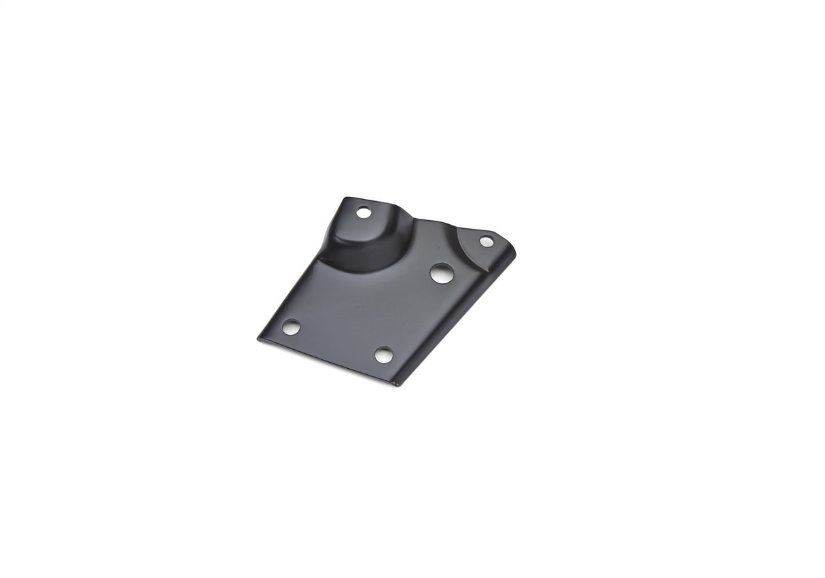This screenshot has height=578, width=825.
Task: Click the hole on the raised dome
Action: [364, 213]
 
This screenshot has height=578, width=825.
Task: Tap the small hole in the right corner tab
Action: [487, 241]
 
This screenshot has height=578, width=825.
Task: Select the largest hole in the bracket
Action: [442, 273]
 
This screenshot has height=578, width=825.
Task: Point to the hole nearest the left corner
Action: [291, 327]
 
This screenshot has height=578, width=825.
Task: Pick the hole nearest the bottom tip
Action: [384, 355]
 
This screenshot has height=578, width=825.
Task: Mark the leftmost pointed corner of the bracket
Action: [258, 338]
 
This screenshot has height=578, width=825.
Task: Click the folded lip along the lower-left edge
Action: [319, 362]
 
